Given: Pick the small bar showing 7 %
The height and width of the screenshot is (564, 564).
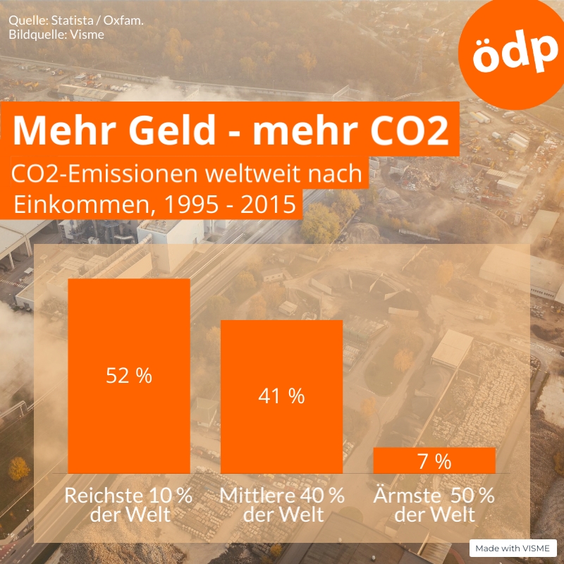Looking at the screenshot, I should tap(434, 460).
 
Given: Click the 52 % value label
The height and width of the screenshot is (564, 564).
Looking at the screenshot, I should tap(129, 376).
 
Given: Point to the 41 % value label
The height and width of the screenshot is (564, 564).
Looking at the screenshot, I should tap(281, 396).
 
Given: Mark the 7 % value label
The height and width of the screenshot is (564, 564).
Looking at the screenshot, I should tap(434, 462).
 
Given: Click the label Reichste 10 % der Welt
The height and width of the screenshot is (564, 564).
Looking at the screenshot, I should tap(129, 504).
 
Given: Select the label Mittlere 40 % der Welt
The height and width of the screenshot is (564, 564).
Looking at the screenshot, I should tap(282, 504).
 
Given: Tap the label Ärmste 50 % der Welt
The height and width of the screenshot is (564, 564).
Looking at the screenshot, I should tap(434, 504).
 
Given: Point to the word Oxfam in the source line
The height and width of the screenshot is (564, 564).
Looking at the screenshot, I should tap(124, 21).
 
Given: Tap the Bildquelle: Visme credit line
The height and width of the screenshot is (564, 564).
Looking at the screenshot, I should tap(56, 34).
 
